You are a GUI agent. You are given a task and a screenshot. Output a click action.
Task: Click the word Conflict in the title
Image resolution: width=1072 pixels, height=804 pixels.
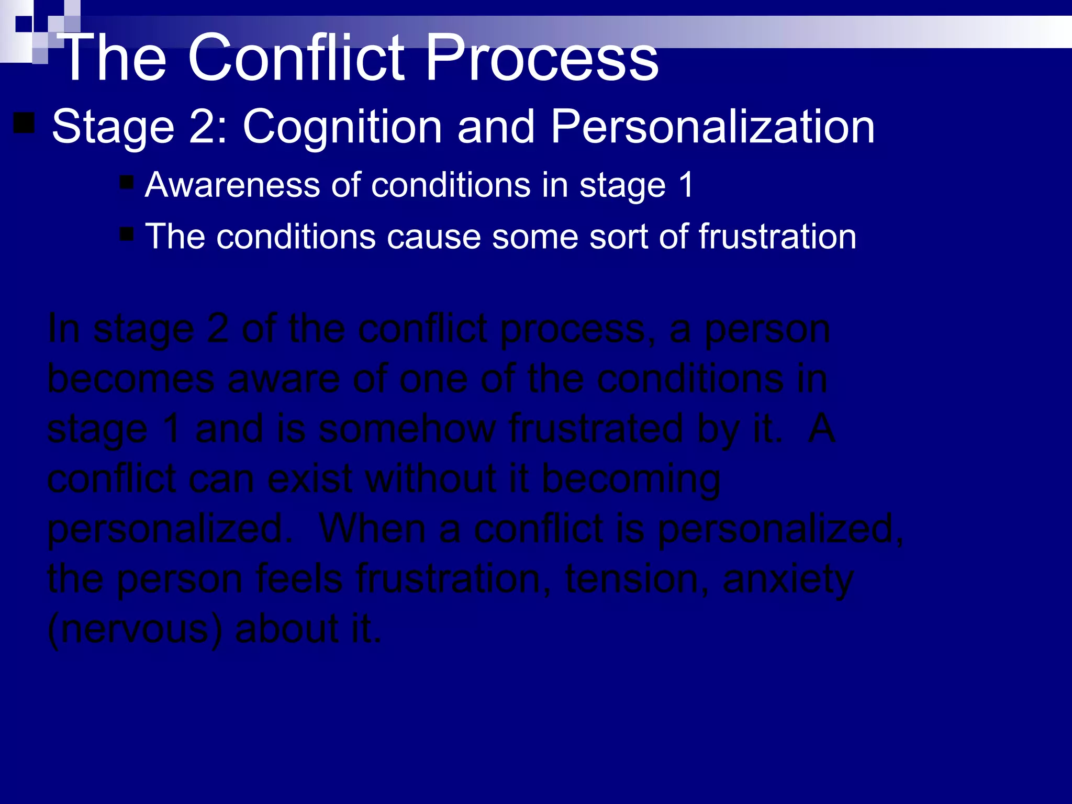[296, 58]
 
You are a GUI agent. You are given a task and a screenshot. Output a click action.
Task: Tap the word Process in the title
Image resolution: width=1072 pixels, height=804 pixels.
[542, 58]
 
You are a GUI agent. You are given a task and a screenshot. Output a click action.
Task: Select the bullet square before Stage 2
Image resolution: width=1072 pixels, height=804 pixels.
[24, 124]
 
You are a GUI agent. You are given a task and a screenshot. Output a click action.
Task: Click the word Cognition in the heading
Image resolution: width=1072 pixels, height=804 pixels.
[342, 127]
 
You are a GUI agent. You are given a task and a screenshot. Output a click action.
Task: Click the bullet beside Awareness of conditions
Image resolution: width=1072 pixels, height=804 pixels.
[127, 182]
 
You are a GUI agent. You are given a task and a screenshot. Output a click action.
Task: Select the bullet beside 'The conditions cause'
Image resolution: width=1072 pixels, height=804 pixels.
[127, 233]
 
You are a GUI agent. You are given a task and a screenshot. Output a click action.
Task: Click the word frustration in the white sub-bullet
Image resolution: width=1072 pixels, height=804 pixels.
[777, 237]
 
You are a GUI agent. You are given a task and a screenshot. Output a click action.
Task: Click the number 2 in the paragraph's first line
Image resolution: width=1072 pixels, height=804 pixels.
[218, 330]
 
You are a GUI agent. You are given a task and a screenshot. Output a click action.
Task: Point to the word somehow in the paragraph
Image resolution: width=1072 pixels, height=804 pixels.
[407, 429]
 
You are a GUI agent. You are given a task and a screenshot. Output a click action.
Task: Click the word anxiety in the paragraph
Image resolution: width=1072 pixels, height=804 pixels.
[788, 580]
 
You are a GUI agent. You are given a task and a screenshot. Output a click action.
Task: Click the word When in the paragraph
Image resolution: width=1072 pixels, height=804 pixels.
[372, 529]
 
